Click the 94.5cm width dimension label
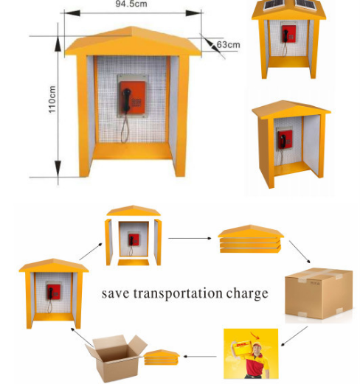click(x=131, y=4)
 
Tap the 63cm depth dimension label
click(x=228, y=45)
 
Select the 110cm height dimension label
click(x=52, y=100)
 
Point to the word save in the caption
click(x=115, y=294)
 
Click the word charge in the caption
click(x=247, y=294)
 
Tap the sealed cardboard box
click(x=319, y=293)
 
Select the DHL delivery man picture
click(x=251, y=353)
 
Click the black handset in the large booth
click(x=127, y=100)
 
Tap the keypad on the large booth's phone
click(x=136, y=102)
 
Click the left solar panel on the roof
click(x=274, y=4)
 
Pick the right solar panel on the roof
click(x=305, y=4)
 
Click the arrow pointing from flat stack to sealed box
click(x=300, y=252)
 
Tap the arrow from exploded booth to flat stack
click(x=190, y=238)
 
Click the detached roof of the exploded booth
click(x=134, y=211)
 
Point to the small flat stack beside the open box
click(x=162, y=357)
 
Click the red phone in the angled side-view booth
click(x=285, y=139)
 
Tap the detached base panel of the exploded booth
click(x=134, y=262)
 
